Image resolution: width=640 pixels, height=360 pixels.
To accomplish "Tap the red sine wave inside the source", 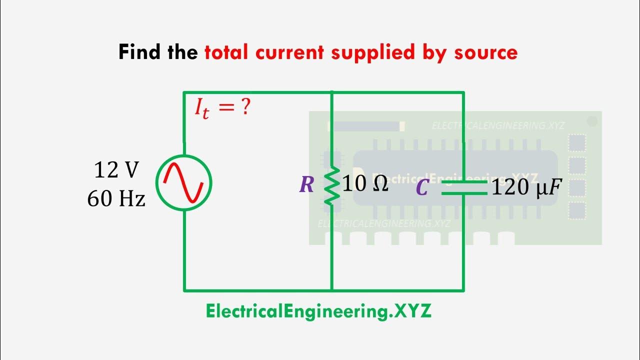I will click(x=184, y=183).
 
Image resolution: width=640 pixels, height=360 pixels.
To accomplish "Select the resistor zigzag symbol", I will click(x=331, y=185).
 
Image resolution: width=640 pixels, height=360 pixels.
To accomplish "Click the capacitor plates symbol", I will click(x=463, y=187).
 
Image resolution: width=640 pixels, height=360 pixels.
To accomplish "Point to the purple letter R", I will click(x=306, y=185).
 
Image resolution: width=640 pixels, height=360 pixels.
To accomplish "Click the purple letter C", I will click(x=422, y=188).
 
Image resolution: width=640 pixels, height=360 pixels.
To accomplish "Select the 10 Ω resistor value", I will click(x=365, y=184).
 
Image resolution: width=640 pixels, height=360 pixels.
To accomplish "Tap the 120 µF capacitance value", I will click(x=523, y=188).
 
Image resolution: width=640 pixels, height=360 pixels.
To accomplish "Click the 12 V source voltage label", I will click(x=116, y=171).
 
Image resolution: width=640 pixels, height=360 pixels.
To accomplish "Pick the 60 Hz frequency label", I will click(x=116, y=199).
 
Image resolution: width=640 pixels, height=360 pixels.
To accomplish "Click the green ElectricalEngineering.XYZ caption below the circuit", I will click(x=318, y=311).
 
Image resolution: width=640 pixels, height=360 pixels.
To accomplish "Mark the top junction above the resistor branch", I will click(x=331, y=92).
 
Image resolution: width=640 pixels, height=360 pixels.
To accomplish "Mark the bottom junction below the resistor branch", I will click(x=331, y=290).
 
